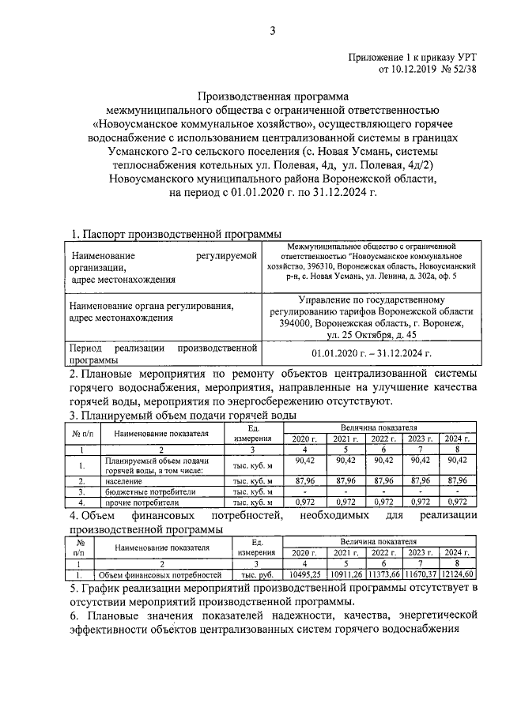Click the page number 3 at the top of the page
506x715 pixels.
tap(273, 31)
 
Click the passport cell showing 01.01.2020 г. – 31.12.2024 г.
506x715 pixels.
tap(370, 355)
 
